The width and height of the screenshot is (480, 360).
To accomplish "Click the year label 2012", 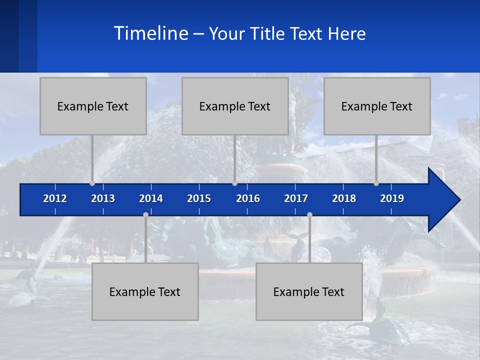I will [55, 198].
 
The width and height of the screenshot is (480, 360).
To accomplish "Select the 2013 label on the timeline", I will [103, 198].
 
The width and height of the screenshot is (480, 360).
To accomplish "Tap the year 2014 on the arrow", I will [151, 198].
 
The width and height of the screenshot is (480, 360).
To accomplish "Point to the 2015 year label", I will [199, 198].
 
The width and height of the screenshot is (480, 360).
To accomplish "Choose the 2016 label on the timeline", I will [248, 198].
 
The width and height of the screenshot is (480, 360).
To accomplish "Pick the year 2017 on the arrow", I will [296, 198].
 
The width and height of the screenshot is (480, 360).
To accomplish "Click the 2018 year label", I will [344, 198].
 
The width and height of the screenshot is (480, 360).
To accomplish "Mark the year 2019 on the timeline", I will [392, 198].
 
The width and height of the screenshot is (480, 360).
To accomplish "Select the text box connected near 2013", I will [93, 106].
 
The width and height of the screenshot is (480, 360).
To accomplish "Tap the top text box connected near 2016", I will [235, 106].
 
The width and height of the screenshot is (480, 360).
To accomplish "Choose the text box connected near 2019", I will [377, 106].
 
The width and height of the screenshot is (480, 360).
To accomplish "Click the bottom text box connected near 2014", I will [145, 291].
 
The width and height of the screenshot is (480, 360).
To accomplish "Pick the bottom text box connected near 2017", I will [309, 291].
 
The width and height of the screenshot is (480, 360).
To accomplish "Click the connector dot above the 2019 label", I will [376, 183].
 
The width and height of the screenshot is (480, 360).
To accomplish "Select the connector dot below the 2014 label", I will [145, 215].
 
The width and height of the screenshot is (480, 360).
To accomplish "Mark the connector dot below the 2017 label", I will [309, 215].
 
